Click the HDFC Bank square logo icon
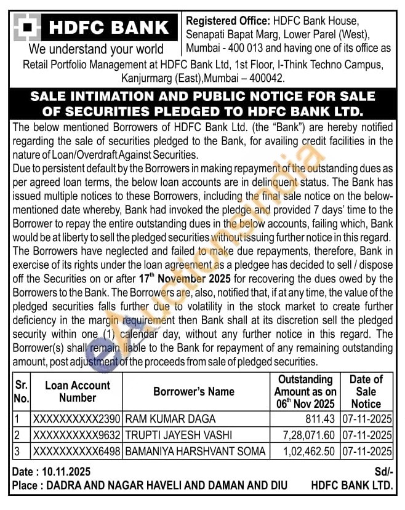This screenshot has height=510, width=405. [x=27, y=28]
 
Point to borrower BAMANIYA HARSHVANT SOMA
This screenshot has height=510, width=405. [x=195, y=451]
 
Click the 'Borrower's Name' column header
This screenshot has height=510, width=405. [x=194, y=391]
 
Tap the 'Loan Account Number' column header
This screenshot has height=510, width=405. [x=78, y=391]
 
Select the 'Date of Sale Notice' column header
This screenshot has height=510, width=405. [x=366, y=391]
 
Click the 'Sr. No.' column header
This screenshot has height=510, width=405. [x=22, y=391]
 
